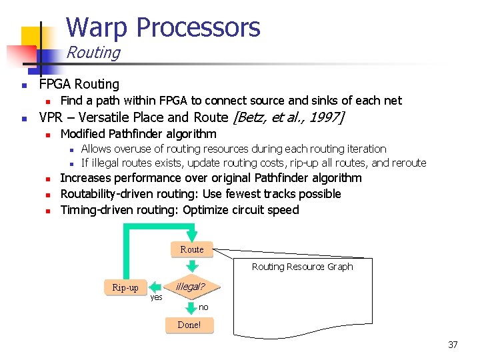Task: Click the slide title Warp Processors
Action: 163,27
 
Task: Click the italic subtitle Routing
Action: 93,53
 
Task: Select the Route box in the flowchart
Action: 192,249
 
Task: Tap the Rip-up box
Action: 125,287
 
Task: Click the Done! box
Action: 189,325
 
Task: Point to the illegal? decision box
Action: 191,287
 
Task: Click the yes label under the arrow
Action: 156,297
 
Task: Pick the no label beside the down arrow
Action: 203,307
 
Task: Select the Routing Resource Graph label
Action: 302,267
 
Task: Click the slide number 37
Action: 453,345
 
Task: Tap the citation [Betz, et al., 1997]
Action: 287,118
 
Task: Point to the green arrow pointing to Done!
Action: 189,307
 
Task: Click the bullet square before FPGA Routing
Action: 23,85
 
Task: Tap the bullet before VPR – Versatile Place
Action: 23,119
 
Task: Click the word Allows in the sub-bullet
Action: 96,149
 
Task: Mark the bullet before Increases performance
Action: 48,179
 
